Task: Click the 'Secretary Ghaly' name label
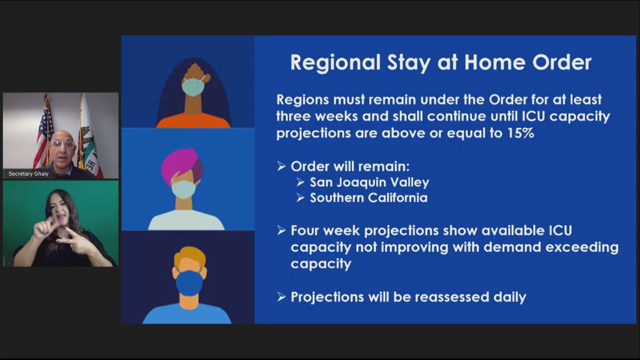[29, 174]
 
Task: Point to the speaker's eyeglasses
[62, 145]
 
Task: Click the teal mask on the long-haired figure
[193, 87]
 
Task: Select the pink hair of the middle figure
[181, 165]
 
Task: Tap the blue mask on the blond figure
[189, 283]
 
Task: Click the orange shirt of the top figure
[193, 121]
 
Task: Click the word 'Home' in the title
[494, 62]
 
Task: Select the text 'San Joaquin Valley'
[370, 182]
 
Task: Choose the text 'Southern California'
[369, 198]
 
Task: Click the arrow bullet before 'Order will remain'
[282, 166]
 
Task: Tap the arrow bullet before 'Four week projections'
[282, 230]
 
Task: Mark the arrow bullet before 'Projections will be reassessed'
[282, 297]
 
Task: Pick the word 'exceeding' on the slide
[582, 247]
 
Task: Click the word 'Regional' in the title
[335, 62]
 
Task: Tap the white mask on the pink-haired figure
[183, 189]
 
